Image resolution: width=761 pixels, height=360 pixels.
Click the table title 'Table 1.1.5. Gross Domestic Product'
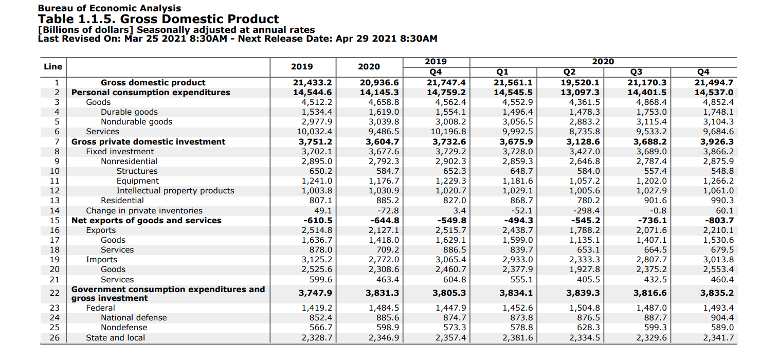(158, 20)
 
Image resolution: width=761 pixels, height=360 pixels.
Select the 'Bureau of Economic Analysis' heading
(110, 8)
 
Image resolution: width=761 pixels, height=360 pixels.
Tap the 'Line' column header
(53, 66)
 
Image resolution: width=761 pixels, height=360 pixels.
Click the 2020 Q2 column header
(570, 72)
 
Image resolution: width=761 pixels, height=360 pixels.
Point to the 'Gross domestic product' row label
(153, 83)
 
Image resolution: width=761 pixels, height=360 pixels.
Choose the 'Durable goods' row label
(129, 112)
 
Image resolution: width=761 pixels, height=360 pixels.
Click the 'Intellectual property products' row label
(175, 191)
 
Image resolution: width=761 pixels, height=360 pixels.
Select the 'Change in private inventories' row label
(144, 211)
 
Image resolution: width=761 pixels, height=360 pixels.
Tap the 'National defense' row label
(134, 318)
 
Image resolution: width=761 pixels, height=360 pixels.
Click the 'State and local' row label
(115, 338)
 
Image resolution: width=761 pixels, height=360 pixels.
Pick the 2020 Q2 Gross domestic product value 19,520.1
(579, 83)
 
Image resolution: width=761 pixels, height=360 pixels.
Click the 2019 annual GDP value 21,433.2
(312, 83)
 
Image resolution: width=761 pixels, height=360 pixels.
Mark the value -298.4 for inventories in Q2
(586, 211)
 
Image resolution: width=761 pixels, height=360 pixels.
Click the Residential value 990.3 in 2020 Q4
(721, 201)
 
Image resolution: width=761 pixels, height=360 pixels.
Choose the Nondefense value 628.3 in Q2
(588, 328)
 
